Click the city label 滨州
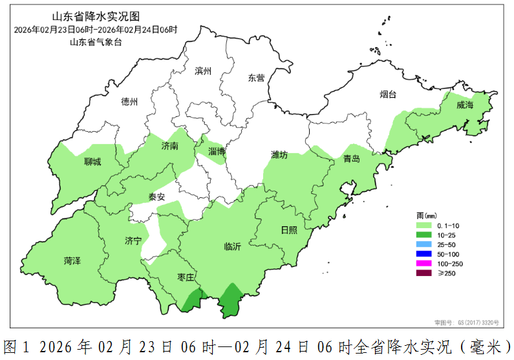[203, 71]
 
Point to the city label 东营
[256, 78]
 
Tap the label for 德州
[129, 101]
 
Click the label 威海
[465, 105]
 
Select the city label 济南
[170, 147]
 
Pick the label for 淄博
[217, 151]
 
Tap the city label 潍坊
[279, 155]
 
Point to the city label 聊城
[92, 162]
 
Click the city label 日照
[290, 230]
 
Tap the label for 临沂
[232, 246]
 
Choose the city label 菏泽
[72, 260]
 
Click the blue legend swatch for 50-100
[424, 254]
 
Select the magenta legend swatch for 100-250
[424, 264]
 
